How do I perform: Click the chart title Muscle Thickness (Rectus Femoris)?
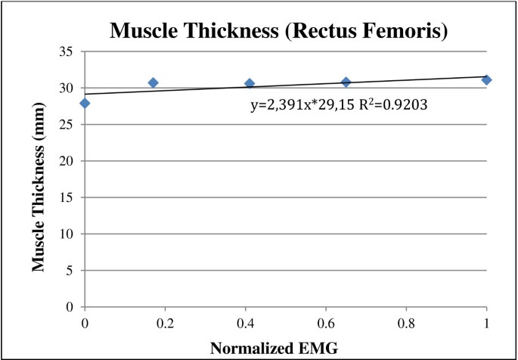tap(259, 31)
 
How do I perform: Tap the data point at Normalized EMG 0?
tap(85, 103)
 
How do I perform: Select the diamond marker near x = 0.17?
tap(153, 82)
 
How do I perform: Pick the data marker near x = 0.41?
tap(250, 83)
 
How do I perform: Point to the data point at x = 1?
tap(486, 79)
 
